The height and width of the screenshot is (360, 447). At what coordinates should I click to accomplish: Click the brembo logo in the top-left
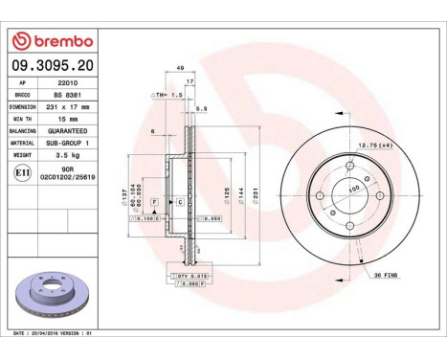click(56, 41)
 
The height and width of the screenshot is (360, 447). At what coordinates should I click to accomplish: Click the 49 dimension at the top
click(180, 68)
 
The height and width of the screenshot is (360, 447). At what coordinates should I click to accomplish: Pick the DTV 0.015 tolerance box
click(191, 276)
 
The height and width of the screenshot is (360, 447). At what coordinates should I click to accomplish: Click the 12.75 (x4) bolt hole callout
click(371, 145)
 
